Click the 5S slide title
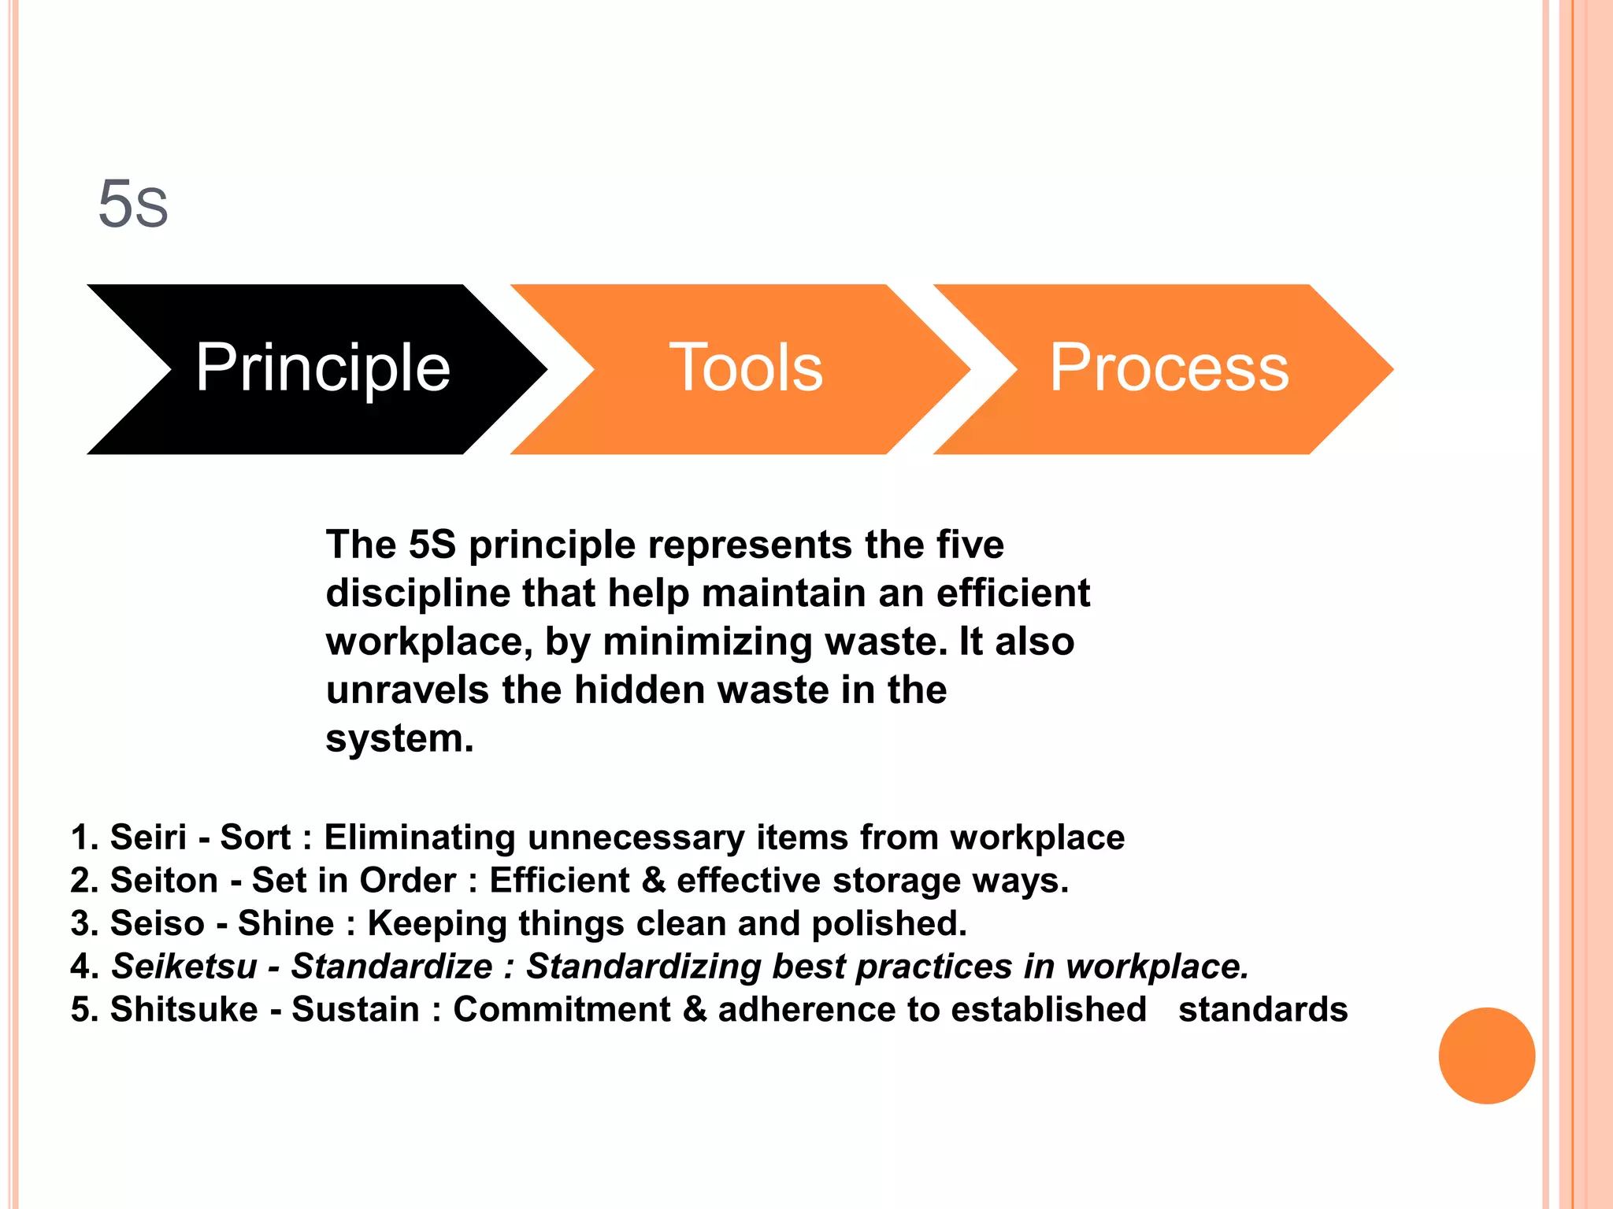tap(133, 204)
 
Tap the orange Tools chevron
tap(745, 368)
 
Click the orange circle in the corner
tap(1486, 1056)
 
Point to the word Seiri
tap(148, 837)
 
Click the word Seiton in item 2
tap(164, 880)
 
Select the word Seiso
tap(157, 923)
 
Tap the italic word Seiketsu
tap(184, 967)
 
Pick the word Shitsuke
tap(184, 1010)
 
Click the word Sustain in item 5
tap(355, 1010)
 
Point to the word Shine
tap(286, 923)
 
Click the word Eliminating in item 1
tap(420, 837)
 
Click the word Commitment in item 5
tap(562, 1010)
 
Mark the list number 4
tap(83, 967)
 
